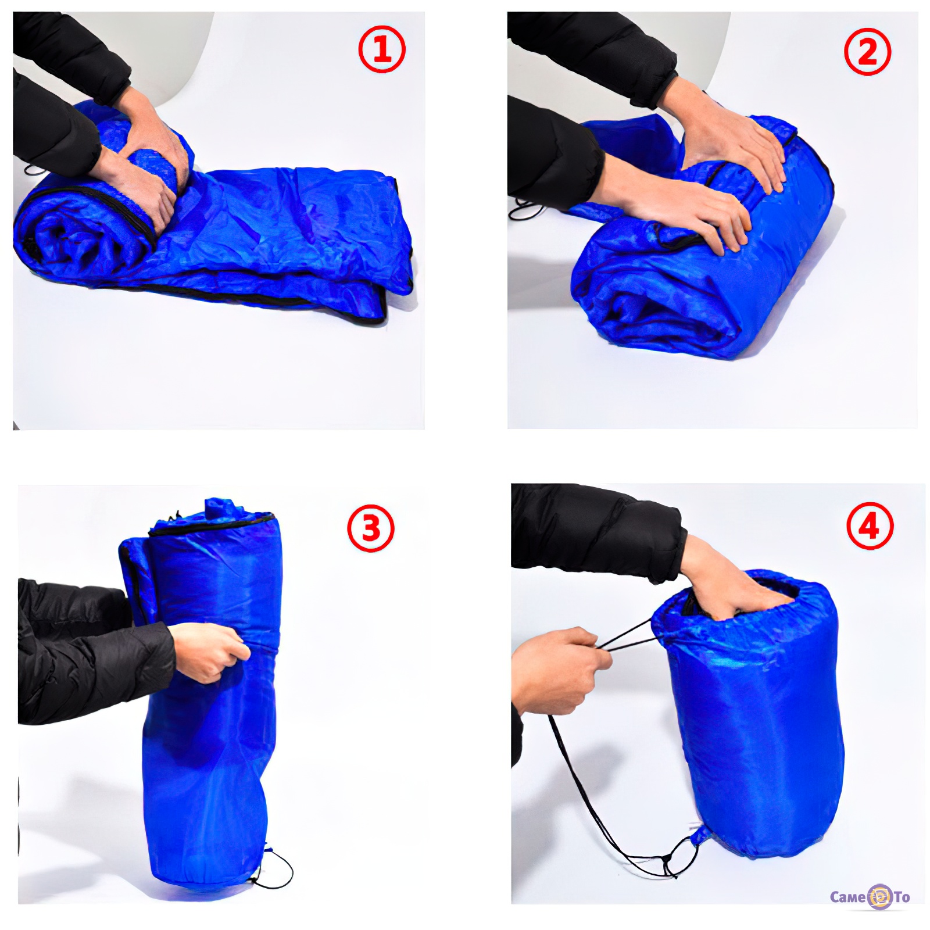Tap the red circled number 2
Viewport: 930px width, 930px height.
867,52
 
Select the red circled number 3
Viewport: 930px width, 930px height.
371,528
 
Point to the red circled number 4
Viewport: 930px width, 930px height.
870,527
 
